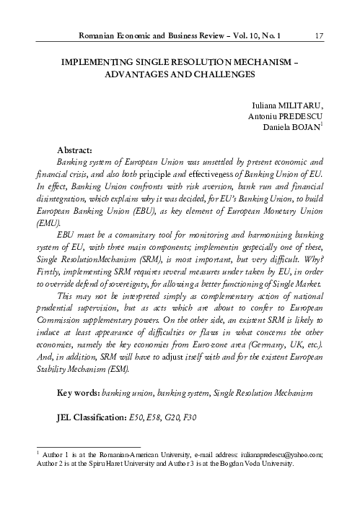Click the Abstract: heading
75,149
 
